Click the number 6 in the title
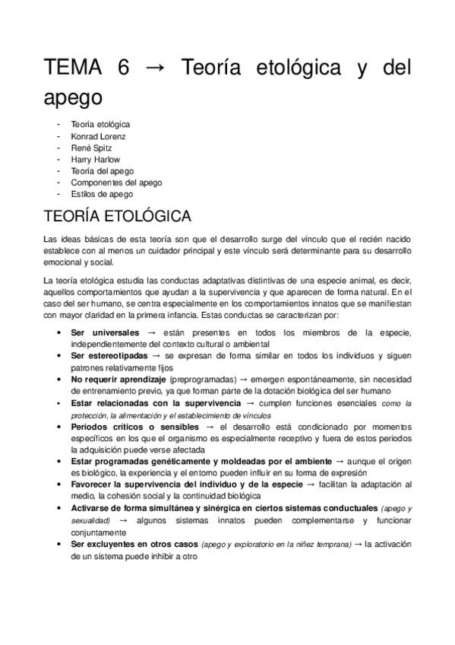pos(123,68)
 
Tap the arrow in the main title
pos(155,69)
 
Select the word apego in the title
pos(72,100)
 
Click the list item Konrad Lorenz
pos(98,136)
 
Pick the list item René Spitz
pos(91,148)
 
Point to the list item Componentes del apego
pos(116,183)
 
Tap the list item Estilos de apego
pos(102,194)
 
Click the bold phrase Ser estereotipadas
pos(110,355)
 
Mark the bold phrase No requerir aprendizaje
pos(118,379)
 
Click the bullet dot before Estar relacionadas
pos(60,402)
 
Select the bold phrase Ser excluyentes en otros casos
pos(134,544)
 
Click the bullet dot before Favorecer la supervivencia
pos(60,485)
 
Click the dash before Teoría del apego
pos(60,171)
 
